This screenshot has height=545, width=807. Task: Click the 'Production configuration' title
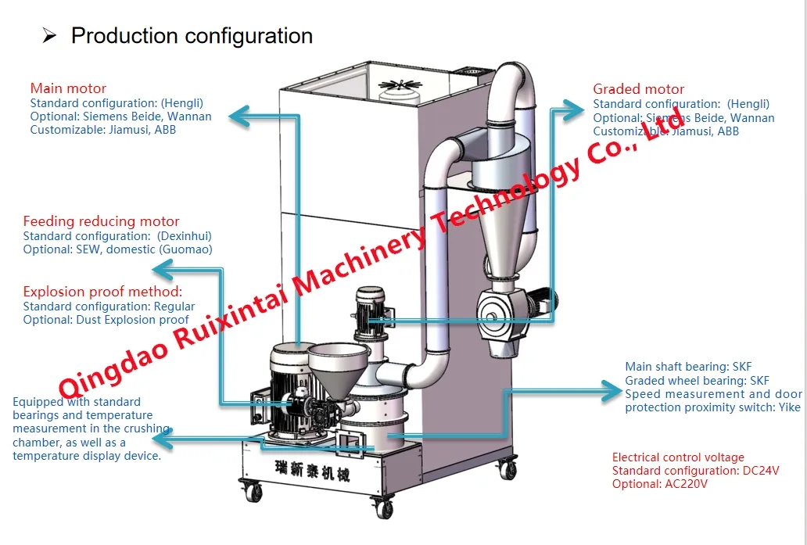(x=192, y=36)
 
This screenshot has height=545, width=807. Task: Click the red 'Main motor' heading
(x=68, y=88)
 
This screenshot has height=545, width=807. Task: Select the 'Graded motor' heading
(x=638, y=89)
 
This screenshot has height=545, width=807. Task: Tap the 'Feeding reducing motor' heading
(x=101, y=221)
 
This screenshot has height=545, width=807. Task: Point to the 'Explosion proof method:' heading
(x=102, y=292)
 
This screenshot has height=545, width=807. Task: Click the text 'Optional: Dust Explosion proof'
(x=106, y=319)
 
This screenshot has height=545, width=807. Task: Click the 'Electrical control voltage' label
(x=678, y=457)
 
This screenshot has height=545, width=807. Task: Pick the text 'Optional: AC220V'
(x=659, y=484)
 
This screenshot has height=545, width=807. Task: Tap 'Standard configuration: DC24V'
(x=697, y=471)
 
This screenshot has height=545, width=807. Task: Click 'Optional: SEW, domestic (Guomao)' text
(x=117, y=249)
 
